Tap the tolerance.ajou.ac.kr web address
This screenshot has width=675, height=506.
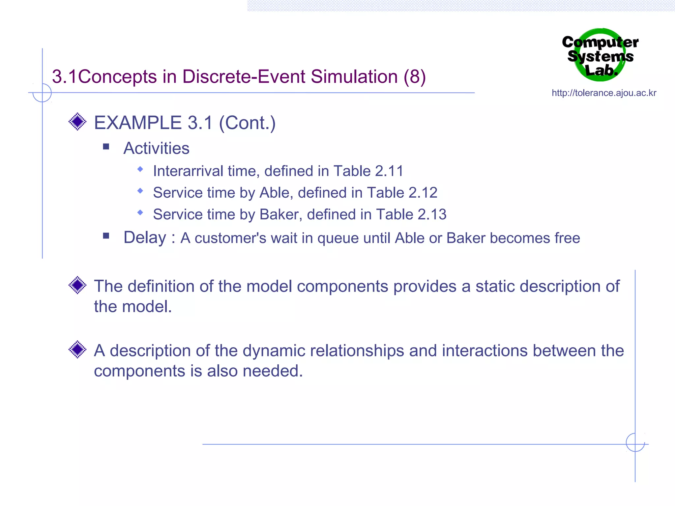pos(604,93)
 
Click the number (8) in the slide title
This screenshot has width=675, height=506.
pos(415,77)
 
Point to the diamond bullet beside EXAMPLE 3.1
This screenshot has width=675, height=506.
pos(77,122)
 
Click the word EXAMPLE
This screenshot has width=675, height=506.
pos(138,123)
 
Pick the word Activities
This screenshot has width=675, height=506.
pos(156,148)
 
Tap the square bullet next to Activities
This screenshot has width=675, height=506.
pos(106,147)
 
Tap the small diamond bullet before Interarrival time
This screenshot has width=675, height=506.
pos(140,169)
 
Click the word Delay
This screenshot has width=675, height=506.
pos(145,238)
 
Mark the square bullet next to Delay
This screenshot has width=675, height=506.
pos(106,236)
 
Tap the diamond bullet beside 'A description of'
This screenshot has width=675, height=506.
pos(77,349)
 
